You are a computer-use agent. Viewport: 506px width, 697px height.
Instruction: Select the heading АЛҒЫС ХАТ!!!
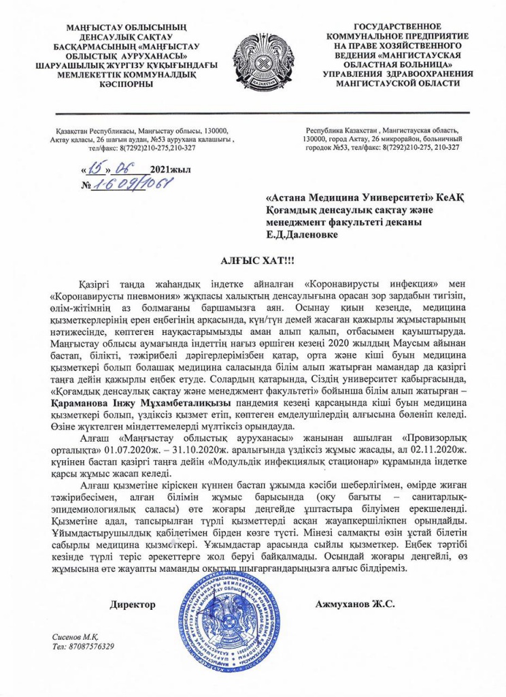[x=253, y=261]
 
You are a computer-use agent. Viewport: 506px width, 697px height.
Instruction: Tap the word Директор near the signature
[x=133, y=604]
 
